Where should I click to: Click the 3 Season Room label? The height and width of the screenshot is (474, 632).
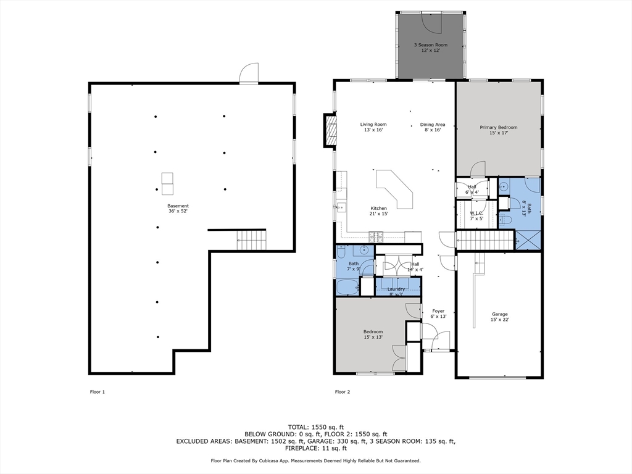click(430, 45)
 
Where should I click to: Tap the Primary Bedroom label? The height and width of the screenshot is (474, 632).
click(499, 128)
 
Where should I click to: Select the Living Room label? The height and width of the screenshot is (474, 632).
click(373, 125)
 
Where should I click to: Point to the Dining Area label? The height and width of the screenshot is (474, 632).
click(433, 125)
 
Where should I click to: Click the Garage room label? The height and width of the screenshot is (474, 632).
click(499, 314)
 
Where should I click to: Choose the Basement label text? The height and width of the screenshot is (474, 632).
click(178, 206)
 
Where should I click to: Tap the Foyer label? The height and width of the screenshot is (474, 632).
click(438, 311)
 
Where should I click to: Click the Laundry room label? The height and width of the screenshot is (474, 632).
click(396, 289)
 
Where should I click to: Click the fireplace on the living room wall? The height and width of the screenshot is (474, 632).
click(330, 130)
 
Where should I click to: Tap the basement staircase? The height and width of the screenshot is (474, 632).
click(251, 239)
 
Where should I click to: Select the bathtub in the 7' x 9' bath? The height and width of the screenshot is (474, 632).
click(347, 287)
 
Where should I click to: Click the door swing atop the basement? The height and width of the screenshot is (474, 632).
click(249, 73)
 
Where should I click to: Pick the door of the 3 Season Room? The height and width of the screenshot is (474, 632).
click(430, 22)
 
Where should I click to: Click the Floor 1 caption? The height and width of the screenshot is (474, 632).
click(98, 392)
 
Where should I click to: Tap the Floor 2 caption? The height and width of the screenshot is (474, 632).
click(342, 392)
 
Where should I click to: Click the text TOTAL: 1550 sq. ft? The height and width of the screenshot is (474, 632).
click(316, 426)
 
